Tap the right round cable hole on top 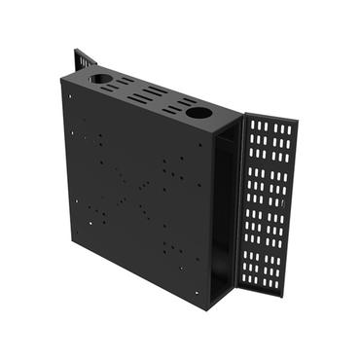click(x=198, y=113)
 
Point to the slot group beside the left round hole click(x=123, y=84)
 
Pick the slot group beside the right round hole click(x=175, y=104)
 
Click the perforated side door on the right click(x=268, y=204)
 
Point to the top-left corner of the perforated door click(x=242, y=114)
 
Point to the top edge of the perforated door click(x=270, y=118)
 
